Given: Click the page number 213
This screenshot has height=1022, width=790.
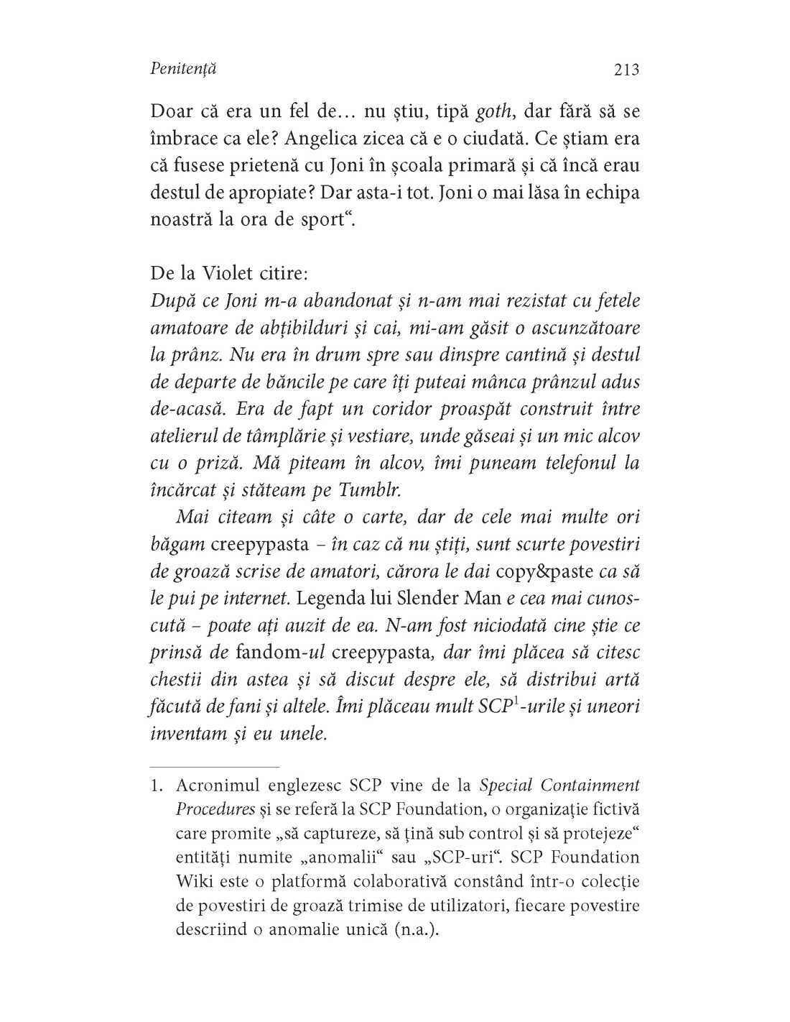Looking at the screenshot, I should click(622, 70).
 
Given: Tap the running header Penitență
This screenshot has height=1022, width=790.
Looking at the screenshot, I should click(184, 70).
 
